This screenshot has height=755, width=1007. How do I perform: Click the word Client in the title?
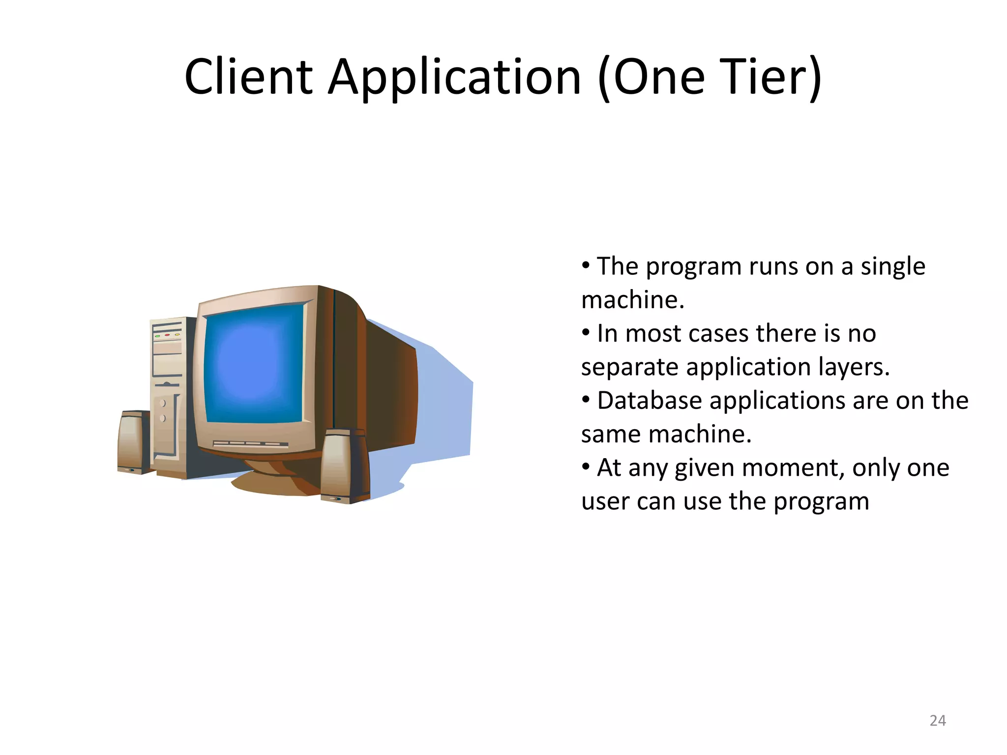pyautogui.click(x=248, y=77)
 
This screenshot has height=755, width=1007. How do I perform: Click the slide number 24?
pyautogui.click(x=938, y=721)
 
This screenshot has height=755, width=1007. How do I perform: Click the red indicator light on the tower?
pyautogui.click(x=167, y=335)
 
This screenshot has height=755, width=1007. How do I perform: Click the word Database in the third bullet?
pyautogui.click(x=649, y=401)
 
